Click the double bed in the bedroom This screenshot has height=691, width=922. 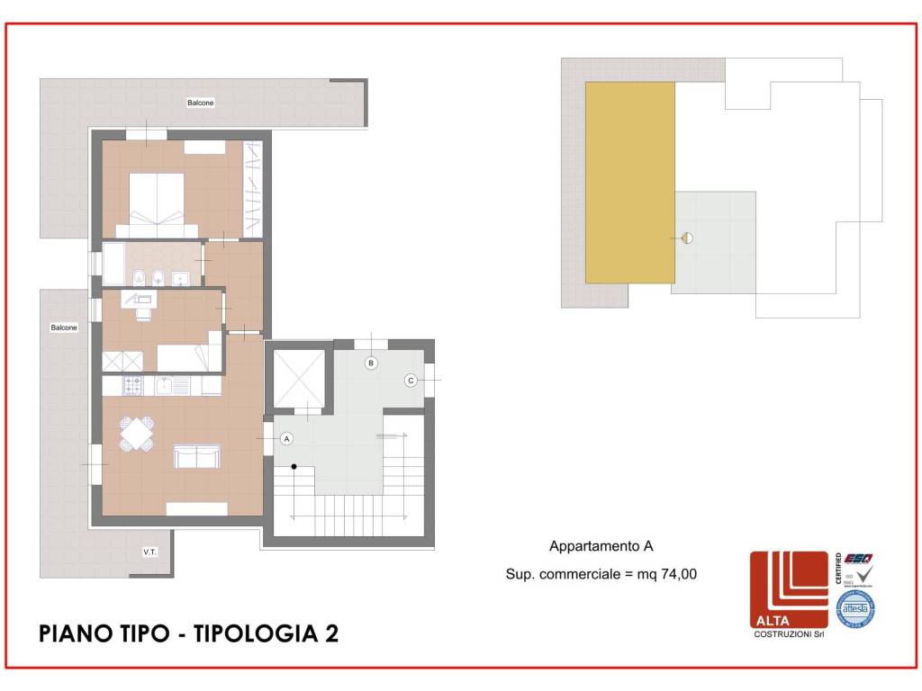click(x=158, y=200)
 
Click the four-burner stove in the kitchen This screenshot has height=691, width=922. click(x=131, y=386)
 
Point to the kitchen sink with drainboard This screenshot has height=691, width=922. click(x=171, y=386)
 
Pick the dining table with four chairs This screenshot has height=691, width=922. click(x=137, y=435)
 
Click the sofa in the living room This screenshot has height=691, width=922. click(x=197, y=457)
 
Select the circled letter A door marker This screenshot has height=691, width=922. click(x=286, y=439)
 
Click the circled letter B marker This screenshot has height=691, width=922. click(x=370, y=363)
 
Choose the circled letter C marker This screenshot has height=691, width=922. click(x=411, y=381)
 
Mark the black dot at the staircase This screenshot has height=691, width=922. click(x=294, y=466)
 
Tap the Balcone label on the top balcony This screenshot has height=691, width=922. click(x=201, y=103)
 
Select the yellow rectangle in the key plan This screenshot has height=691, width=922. click(x=630, y=183)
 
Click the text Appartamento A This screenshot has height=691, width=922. click(x=601, y=546)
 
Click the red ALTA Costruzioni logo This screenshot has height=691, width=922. click(x=789, y=590)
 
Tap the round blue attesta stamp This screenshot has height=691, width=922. click(x=854, y=608)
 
